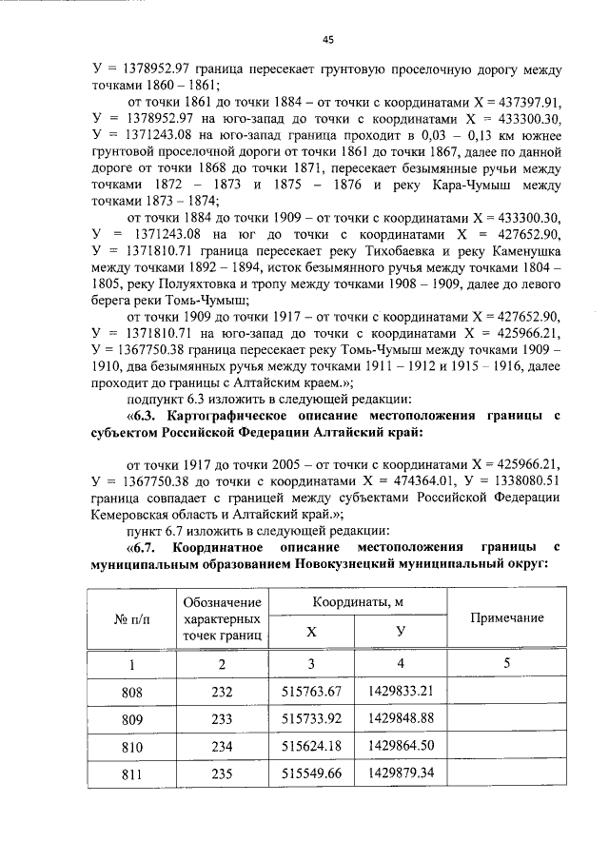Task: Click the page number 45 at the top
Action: click(327, 40)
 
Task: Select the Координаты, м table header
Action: click(353, 602)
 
